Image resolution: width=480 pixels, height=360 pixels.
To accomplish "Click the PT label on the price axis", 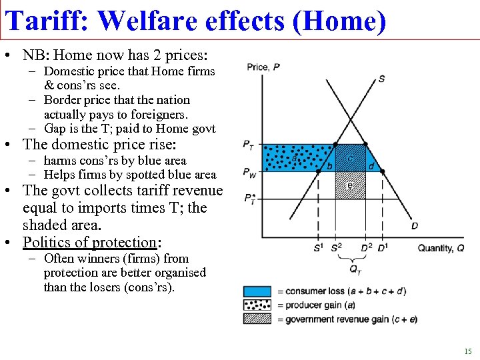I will (x=249, y=145).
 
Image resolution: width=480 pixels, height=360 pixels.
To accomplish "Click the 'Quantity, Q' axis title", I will (x=440, y=248).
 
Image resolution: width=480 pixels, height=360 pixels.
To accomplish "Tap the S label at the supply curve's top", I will (x=381, y=79).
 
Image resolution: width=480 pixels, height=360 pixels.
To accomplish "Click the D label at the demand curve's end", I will (x=415, y=226).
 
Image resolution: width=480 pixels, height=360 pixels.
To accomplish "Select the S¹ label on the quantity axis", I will (x=318, y=248).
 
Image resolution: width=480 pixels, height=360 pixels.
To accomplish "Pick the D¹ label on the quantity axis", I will (x=382, y=248).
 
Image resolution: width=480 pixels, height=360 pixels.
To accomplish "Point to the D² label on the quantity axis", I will (x=365, y=248).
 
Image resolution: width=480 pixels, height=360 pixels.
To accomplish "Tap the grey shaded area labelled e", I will (x=351, y=185).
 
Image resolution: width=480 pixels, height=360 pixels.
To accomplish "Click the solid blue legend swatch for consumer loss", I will (x=257, y=291).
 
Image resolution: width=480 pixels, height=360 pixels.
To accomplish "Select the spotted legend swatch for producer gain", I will (x=257, y=305).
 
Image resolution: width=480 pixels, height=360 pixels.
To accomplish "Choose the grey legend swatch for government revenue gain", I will (x=257, y=319).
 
